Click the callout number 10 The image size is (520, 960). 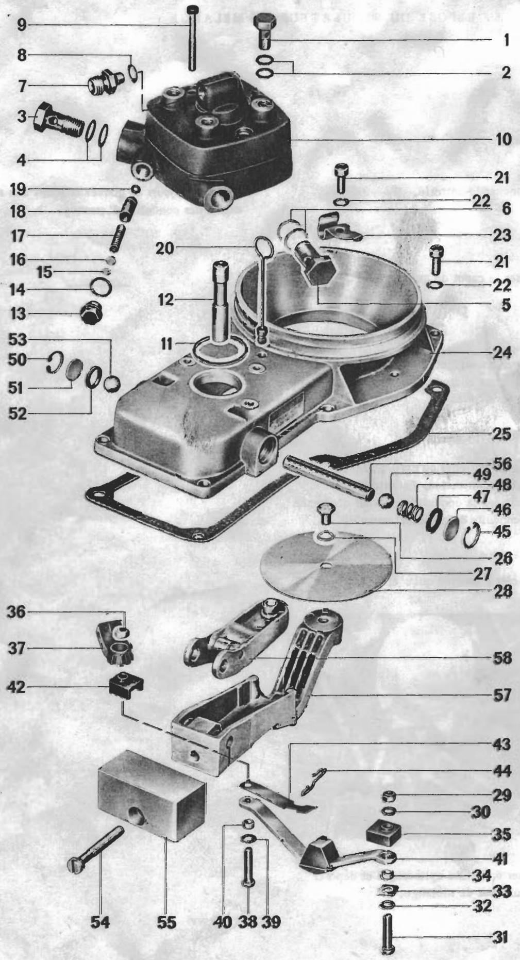[502, 139]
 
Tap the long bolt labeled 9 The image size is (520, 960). [193, 39]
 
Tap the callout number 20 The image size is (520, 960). [165, 249]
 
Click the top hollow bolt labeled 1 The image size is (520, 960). [265, 31]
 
